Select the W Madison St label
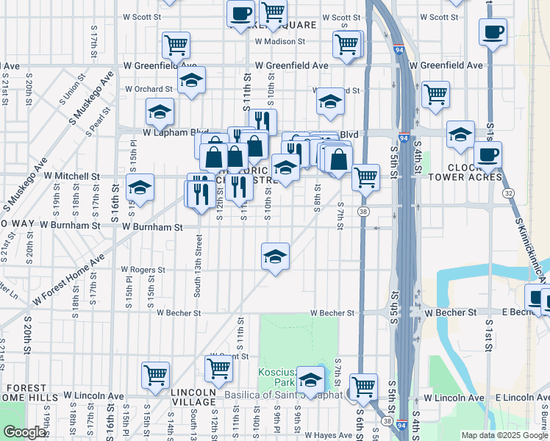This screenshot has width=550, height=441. [279, 41]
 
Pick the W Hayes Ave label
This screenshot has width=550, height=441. [329, 435]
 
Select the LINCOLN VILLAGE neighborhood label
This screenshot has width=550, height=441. [194, 397]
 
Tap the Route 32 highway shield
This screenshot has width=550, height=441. [509, 193]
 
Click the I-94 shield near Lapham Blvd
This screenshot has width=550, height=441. [404, 138]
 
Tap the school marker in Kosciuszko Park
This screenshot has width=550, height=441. [311, 380]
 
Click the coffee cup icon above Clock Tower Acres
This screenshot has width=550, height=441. [488, 155]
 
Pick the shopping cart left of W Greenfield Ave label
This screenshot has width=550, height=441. [176, 46]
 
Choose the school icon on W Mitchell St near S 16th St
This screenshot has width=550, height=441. [140, 187]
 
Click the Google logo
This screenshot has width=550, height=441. [24, 432]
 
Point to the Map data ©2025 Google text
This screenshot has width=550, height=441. [504, 435]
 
